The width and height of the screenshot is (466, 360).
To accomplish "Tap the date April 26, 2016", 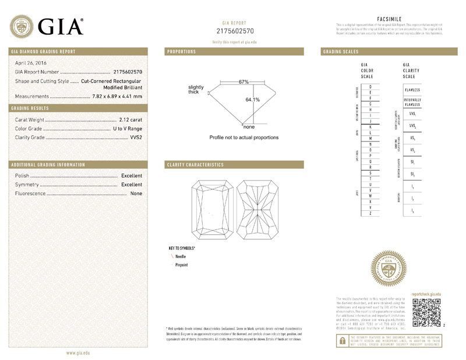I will (31, 63).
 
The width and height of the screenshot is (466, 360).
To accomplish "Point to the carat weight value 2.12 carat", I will (130, 119).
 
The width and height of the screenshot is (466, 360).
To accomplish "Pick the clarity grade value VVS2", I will (135, 137).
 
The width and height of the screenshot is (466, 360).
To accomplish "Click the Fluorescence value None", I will (136, 193).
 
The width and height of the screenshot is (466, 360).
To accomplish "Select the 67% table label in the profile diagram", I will (243, 82).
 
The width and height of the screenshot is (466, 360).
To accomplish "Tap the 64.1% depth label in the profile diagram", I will (252, 100).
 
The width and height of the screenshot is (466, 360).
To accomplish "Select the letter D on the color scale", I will (370, 87).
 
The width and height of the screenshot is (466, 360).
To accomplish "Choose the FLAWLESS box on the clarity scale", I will (412, 90).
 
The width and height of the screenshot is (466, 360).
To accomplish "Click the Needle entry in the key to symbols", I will (179, 256).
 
